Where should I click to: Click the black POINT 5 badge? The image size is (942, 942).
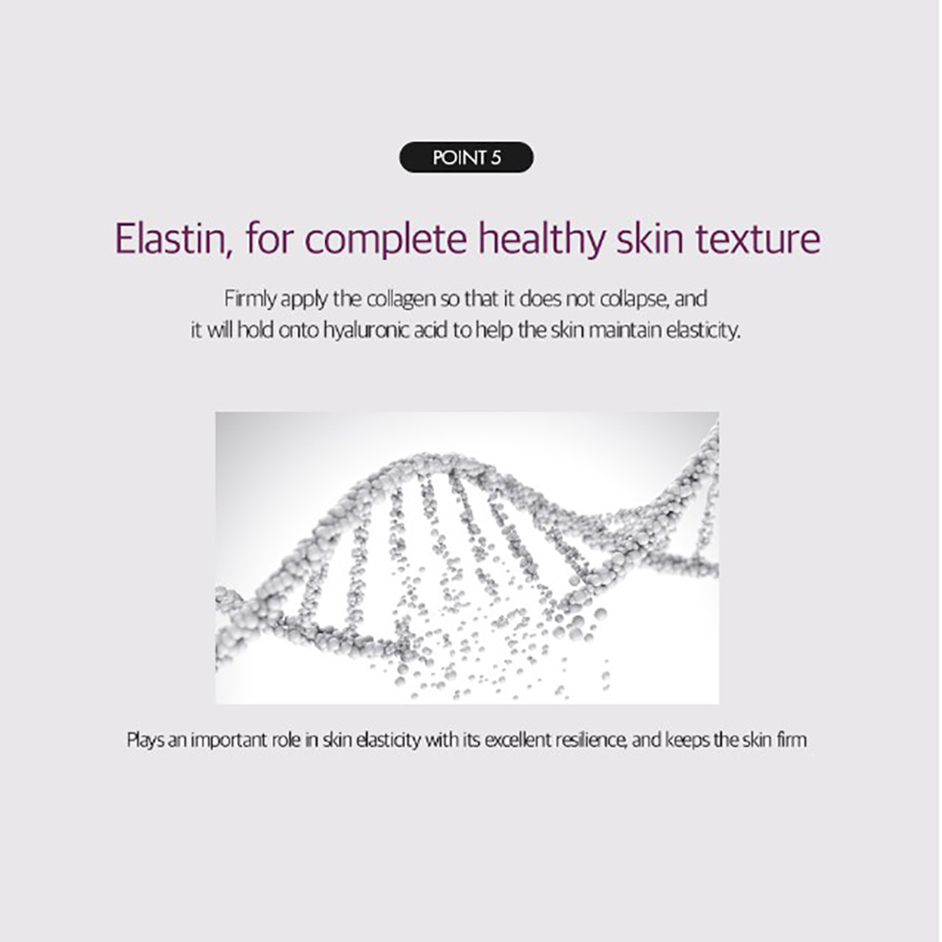coord(466,157)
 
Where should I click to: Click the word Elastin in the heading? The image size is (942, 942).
coord(170,238)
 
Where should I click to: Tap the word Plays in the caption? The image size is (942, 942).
coord(145,740)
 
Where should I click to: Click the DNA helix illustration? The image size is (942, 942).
coord(467,558)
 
